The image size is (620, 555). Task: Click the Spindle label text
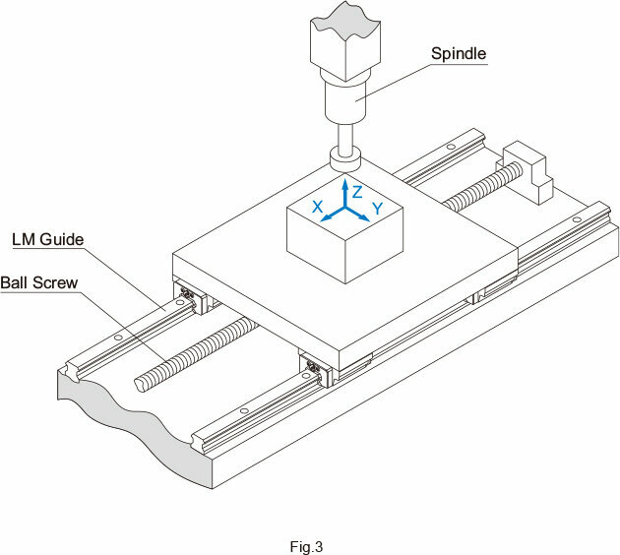pyautogui.click(x=460, y=52)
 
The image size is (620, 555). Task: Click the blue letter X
pyautogui.click(x=318, y=207)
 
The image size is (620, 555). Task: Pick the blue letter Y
pyautogui.click(x=377, y=209)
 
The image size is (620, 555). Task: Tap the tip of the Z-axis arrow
pyautogui.click(x=344, y=179)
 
